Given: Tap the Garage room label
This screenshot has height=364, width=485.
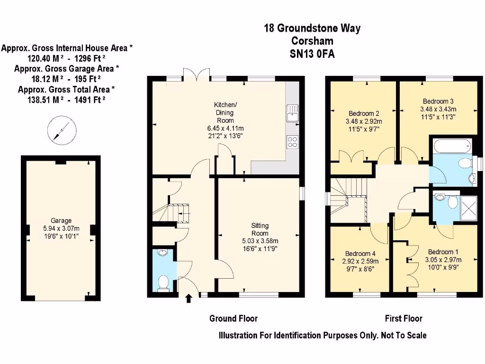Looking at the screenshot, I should [62, 220].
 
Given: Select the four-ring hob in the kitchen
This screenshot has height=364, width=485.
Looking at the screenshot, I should [292, 141].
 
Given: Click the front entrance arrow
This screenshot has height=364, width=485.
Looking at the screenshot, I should [189, 298].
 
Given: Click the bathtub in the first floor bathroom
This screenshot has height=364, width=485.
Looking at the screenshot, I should [450, 146].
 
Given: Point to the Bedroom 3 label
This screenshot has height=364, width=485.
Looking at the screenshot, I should [438, 101].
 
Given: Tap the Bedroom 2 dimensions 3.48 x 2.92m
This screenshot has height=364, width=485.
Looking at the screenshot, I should [364, 121].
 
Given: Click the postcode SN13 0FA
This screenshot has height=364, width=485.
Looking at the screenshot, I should [312, 54].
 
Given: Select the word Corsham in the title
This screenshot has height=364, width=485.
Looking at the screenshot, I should [312, 41].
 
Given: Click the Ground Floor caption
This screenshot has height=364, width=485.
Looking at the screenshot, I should [234, 318].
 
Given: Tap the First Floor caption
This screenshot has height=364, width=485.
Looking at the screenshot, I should [403, 318].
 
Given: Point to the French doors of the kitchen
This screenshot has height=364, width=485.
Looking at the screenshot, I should [196, 75].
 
